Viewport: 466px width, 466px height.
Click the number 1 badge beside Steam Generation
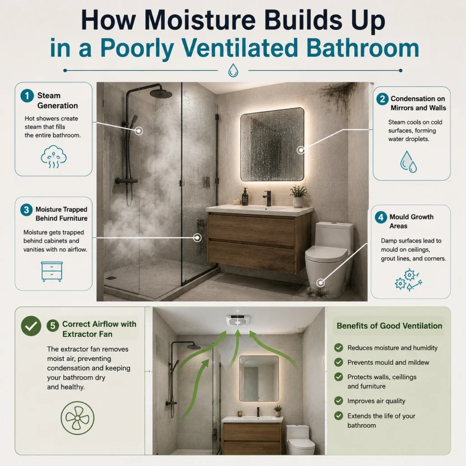coord(27,96)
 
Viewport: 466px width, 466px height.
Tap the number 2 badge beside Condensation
coord(382,99)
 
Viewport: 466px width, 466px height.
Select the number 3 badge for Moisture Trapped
coord(26,210)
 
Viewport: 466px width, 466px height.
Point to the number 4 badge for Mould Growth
coord(381,217)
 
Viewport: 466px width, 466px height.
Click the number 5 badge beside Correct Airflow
coord(53,326)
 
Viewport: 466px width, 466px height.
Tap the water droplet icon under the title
coord(233,71)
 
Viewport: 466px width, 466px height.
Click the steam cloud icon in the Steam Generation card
coord(54,157)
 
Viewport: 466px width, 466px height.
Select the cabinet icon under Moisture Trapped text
coord(52,272)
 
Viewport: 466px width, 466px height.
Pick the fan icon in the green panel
coord(77,418)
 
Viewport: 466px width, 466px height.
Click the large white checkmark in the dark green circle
coord(31,326)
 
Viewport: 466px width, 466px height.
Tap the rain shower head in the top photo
coord(161,93)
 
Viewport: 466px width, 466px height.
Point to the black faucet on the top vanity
coord(268,198)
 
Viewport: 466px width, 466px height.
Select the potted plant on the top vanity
coord(299,196)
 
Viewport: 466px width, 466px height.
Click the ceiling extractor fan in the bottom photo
coord(238,320)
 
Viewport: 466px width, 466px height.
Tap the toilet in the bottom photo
coord(299,440)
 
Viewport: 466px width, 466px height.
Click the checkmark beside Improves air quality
coord(339,401)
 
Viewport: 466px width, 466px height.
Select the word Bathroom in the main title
coord(363,48)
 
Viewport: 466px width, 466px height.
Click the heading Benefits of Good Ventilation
coord(390,326)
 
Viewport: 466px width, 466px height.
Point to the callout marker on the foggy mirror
coord(301,150)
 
